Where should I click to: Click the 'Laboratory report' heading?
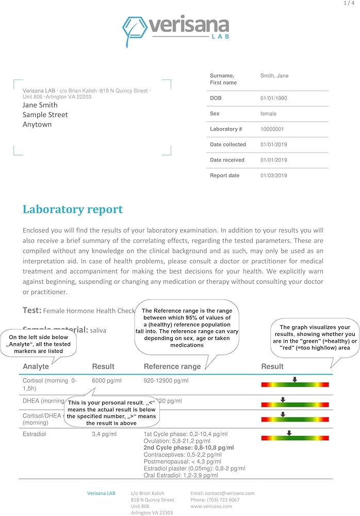click(73, 209)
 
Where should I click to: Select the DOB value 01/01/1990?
click(274, 98)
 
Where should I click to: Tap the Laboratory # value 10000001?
click(272, 129)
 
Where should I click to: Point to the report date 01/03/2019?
click(274, 175)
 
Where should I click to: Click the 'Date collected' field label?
click(228, 144)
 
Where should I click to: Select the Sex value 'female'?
click(268, 114)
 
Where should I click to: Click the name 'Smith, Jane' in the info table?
click(274, 76)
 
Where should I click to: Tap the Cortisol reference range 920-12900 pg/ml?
click(166, 380)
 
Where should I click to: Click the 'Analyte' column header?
click(36, 366)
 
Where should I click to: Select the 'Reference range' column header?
click(172, 366)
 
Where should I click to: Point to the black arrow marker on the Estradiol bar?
click(289, 433)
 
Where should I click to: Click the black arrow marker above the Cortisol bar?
click(294, 379)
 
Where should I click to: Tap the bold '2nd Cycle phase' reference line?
click(188, 448)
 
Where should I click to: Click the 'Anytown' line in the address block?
click(37, 124)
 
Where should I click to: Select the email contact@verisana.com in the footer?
click(222, 493)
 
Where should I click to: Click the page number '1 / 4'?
click(349, 3)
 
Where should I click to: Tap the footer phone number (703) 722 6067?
click(215, 499)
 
